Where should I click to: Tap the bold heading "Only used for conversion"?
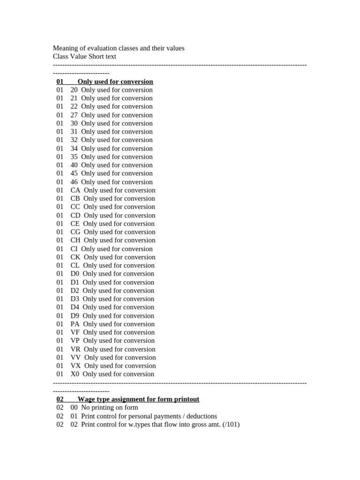(x=115, y=82)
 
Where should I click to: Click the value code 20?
(x=74, y=90)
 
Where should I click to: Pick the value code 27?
(x=74, y=115)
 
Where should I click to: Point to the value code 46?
(x=74, y=182)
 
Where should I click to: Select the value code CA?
(x=75, y=190)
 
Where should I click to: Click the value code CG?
(x=75, y=232)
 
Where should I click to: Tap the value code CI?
(x=74, y=249)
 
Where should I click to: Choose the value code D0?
(x=75, y=274)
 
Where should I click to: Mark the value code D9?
(x=75, y=315)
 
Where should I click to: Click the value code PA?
(x=75, y=324)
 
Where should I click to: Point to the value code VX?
(x=76, y=366)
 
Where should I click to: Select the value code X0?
(x=75, y=374)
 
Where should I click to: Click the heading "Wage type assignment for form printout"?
(x=138, y=399)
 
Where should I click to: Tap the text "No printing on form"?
(x=110, y=408)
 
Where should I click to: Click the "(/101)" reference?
(x=231, y=425)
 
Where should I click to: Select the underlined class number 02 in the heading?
(x=60, y=399)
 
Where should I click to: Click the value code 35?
(x=74, y=157)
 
